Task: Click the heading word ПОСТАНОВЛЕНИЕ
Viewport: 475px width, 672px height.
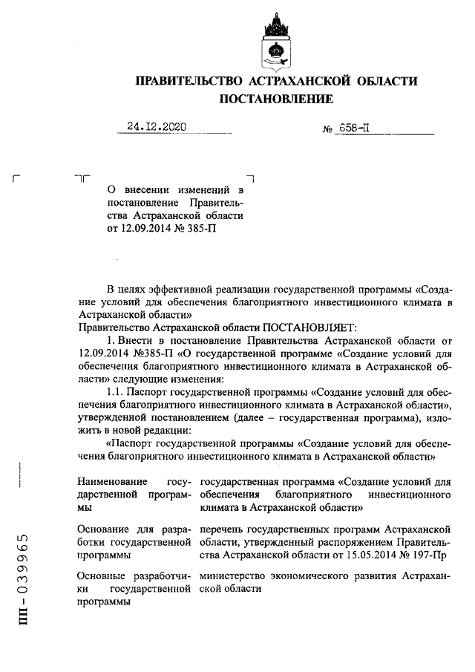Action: (275, 98)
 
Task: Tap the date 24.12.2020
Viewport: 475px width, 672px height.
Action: (156, 126)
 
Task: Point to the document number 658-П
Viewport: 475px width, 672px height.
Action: (354, 127)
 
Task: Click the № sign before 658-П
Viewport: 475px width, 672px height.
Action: (327, 128)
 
